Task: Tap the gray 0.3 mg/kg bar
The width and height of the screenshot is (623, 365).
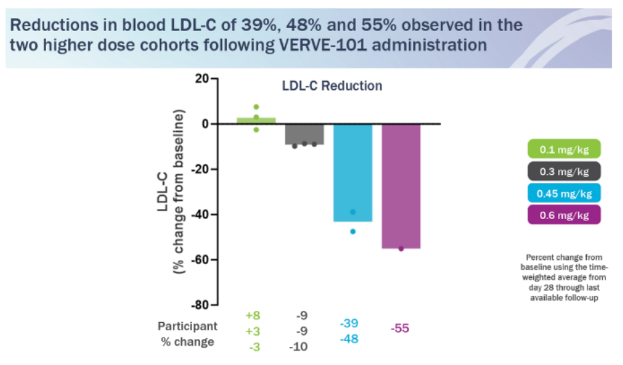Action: tap(305, 134)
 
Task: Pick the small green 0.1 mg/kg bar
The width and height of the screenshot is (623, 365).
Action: tap(256, 121)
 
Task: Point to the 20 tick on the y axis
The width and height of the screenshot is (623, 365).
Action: tap(201, 79)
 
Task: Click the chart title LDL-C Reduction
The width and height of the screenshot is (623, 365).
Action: tap(331, 86)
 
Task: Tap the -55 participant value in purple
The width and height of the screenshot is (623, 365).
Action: tap(401, 328)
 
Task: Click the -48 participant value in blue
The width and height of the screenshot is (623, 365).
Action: tap(349, 339)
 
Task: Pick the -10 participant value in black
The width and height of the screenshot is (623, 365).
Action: tap(298, 346)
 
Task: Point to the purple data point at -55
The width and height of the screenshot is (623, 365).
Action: tap(401, 248)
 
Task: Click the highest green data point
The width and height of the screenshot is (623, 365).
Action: tap(256, 107)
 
